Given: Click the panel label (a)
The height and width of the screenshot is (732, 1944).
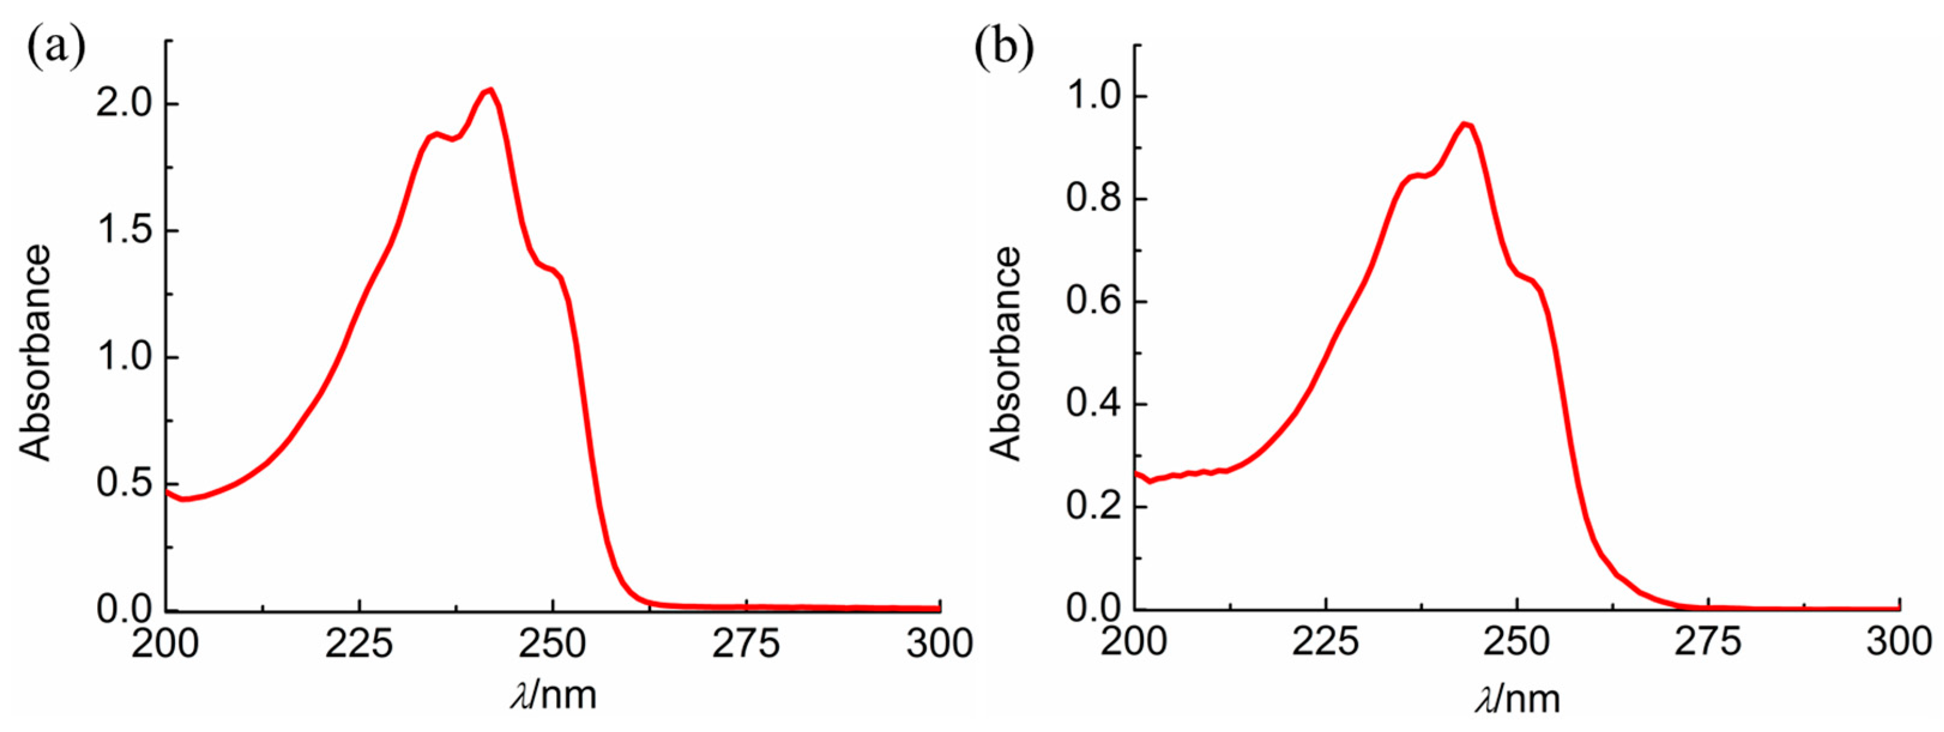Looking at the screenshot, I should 56,47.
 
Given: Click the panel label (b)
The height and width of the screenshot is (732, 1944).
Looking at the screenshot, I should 1003,47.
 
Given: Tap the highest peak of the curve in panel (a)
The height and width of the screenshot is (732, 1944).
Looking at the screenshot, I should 491,90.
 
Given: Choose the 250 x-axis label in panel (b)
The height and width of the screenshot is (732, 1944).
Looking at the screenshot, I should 1516,644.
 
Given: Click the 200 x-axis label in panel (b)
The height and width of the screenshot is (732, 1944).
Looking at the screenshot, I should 1134,644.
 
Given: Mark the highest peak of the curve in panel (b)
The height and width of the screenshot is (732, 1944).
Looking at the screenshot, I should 1465,124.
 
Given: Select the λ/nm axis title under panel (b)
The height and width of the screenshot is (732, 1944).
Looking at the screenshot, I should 1517,697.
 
